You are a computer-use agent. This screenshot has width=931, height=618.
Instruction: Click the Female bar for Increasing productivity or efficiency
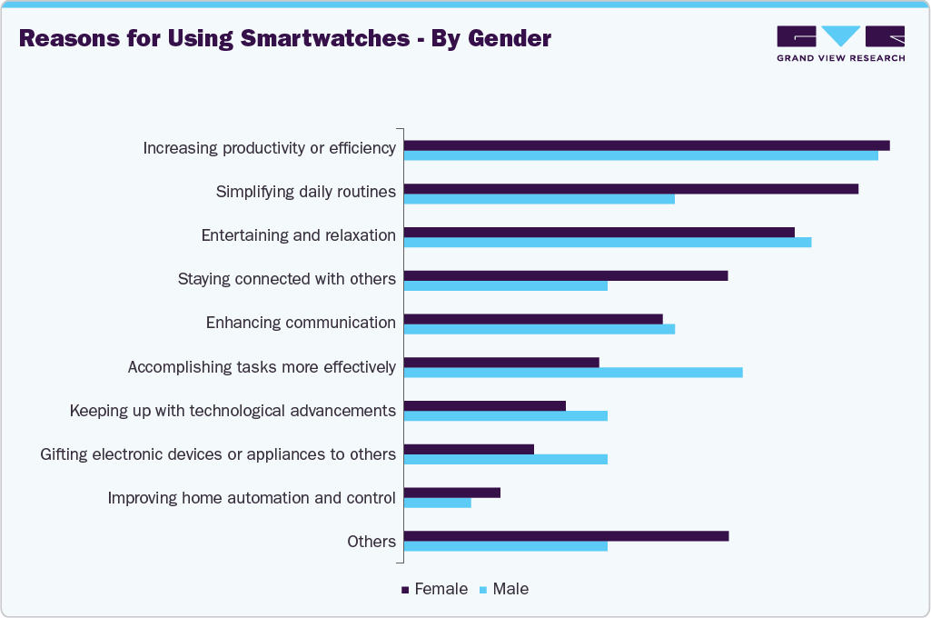(x=647, y=145)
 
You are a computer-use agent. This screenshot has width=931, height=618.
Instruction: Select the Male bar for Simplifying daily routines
(x=540, y=198)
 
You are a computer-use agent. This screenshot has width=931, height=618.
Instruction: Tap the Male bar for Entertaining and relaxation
(x=608, y=242)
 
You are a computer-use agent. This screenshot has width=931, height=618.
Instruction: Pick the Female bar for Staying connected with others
(x=566, y=275)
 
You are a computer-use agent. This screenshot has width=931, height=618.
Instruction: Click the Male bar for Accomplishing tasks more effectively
(x=573, y=372)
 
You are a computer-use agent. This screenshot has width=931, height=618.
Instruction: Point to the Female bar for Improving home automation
(x=452, y=493)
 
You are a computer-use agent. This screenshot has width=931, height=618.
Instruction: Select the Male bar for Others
(x=506, y=545)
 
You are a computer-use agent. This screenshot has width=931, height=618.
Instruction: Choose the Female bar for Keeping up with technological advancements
(x=485, y=405)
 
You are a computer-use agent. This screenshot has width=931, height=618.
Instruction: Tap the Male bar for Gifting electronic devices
(x=506, y=459)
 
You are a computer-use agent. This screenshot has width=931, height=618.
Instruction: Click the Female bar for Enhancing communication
(x=533, y=319)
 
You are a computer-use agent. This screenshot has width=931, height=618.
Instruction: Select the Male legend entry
(x=510, y=589)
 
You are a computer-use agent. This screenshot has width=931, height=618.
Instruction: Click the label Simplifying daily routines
(x=306, y=192)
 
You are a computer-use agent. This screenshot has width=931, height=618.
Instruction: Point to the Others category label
(x=371, y=542)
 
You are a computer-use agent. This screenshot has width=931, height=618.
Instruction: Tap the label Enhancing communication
(x=301, y=323)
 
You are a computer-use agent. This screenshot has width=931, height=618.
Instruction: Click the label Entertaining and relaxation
(x=299, y=235)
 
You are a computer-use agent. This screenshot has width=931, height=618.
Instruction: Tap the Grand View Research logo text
(x=840, y=58)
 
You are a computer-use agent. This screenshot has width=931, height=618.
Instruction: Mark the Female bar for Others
(x=566, y=536)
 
